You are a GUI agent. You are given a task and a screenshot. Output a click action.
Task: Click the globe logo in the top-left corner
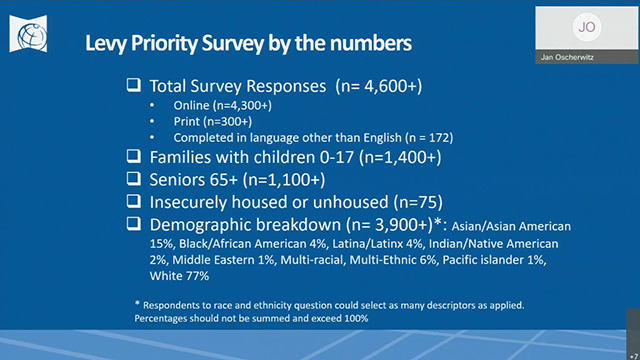(27, 29)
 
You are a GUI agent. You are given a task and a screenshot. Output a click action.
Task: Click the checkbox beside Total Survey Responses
(133, 86)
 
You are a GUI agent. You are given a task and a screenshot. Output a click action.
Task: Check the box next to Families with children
(133, 157)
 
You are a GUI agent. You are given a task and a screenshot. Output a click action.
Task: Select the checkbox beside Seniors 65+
(133, 179)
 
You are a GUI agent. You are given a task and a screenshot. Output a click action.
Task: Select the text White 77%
(178, 275)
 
